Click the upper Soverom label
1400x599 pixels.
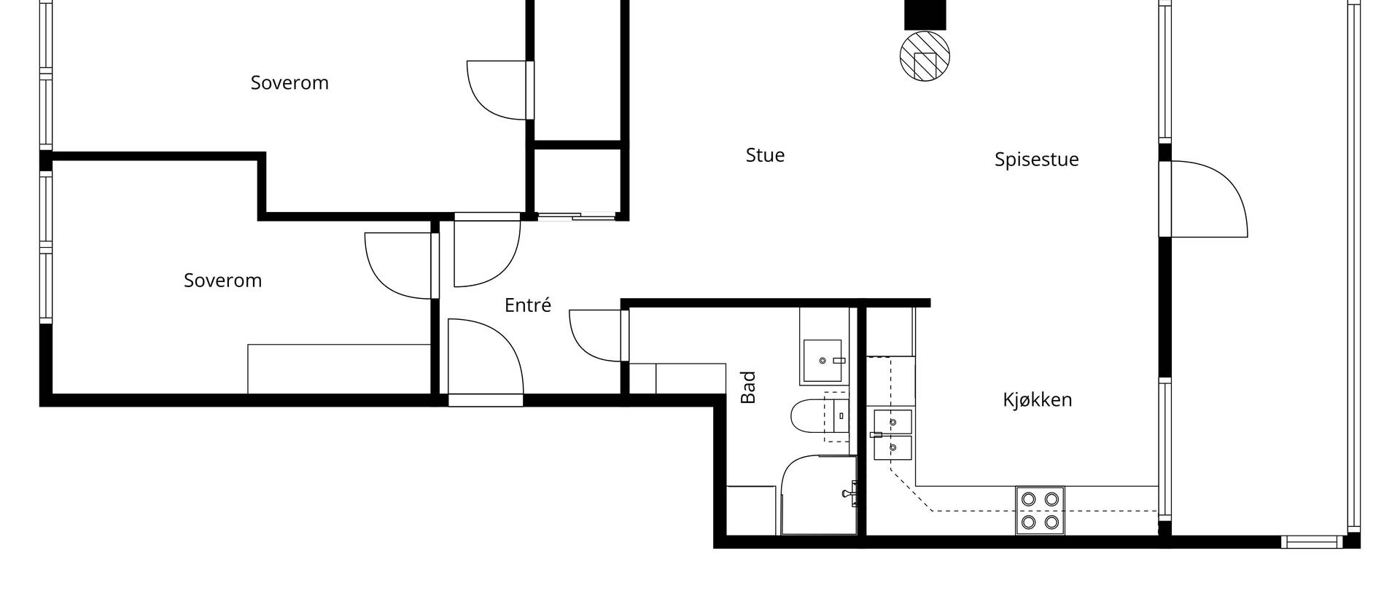pyautogui.click(x=289, y=83)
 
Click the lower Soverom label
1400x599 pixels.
pyautogui.click(x=222, y=281)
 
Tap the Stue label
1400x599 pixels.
pyautogui.click(x=765, y=155)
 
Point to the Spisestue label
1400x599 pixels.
pyautogui.click(x=1036, y=160)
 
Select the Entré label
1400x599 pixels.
pyautogui.click(x=528, y=305)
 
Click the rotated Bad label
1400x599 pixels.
pyautogui.click(x=748, y=388)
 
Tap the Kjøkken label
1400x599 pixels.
pyautogui.click(x=1037, y=400)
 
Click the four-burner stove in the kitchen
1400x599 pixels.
pyautogui.click(x=1040, y=511)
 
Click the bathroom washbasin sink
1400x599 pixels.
pyautogui.click(x=824, y=361)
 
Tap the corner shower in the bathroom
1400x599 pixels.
pyautogui.click(x=819, y=496)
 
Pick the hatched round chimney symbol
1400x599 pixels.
pyautogui.click(x=925, y=56)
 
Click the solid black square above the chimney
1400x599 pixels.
pyautogui.click(x=925, y=15)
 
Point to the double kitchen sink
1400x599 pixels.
pyautogui.click(x=892, y=435)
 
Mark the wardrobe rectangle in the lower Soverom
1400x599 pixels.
pyautogui.click(x=339, y=369)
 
